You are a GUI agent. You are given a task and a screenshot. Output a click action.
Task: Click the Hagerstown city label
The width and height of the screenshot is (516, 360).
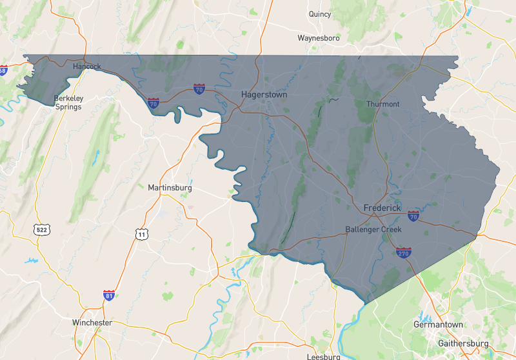(x=264, y=94)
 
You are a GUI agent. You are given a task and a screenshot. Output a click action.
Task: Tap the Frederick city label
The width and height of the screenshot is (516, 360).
(x=382, y=208)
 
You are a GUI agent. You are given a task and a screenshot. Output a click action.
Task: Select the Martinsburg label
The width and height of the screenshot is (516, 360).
(x=170, y=188)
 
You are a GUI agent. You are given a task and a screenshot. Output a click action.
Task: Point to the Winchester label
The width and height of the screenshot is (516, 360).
(x=92, y=322)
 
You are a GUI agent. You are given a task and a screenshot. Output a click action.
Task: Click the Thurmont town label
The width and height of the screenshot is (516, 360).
(x=382, y=104)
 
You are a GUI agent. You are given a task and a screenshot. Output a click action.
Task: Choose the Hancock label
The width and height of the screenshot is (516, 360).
(x=86, y=66)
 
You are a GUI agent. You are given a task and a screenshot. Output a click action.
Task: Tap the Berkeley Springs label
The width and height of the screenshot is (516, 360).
(x=68, y=103)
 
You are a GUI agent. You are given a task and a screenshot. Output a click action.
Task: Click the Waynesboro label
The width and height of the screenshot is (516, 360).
(x=319, y=38)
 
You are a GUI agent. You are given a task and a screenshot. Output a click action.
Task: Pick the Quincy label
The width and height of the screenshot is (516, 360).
(x=319, y=14)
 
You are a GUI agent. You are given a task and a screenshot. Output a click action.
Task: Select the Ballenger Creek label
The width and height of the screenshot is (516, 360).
(x=373, y=229)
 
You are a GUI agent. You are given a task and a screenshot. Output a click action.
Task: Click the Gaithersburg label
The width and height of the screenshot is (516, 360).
(x=463, y=343)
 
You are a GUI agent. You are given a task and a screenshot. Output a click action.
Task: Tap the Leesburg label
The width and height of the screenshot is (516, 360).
(x=323, y=356)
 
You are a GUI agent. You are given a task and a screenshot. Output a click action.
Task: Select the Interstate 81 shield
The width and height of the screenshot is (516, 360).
(x=109, y=295)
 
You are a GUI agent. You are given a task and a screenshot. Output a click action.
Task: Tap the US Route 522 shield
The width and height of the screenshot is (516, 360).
(x=41, y=229)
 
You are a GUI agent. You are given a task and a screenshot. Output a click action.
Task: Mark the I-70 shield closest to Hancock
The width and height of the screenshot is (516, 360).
(x=154, y=103)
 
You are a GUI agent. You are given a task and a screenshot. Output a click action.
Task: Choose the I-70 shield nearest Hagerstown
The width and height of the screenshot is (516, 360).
(x=199, y=89)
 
